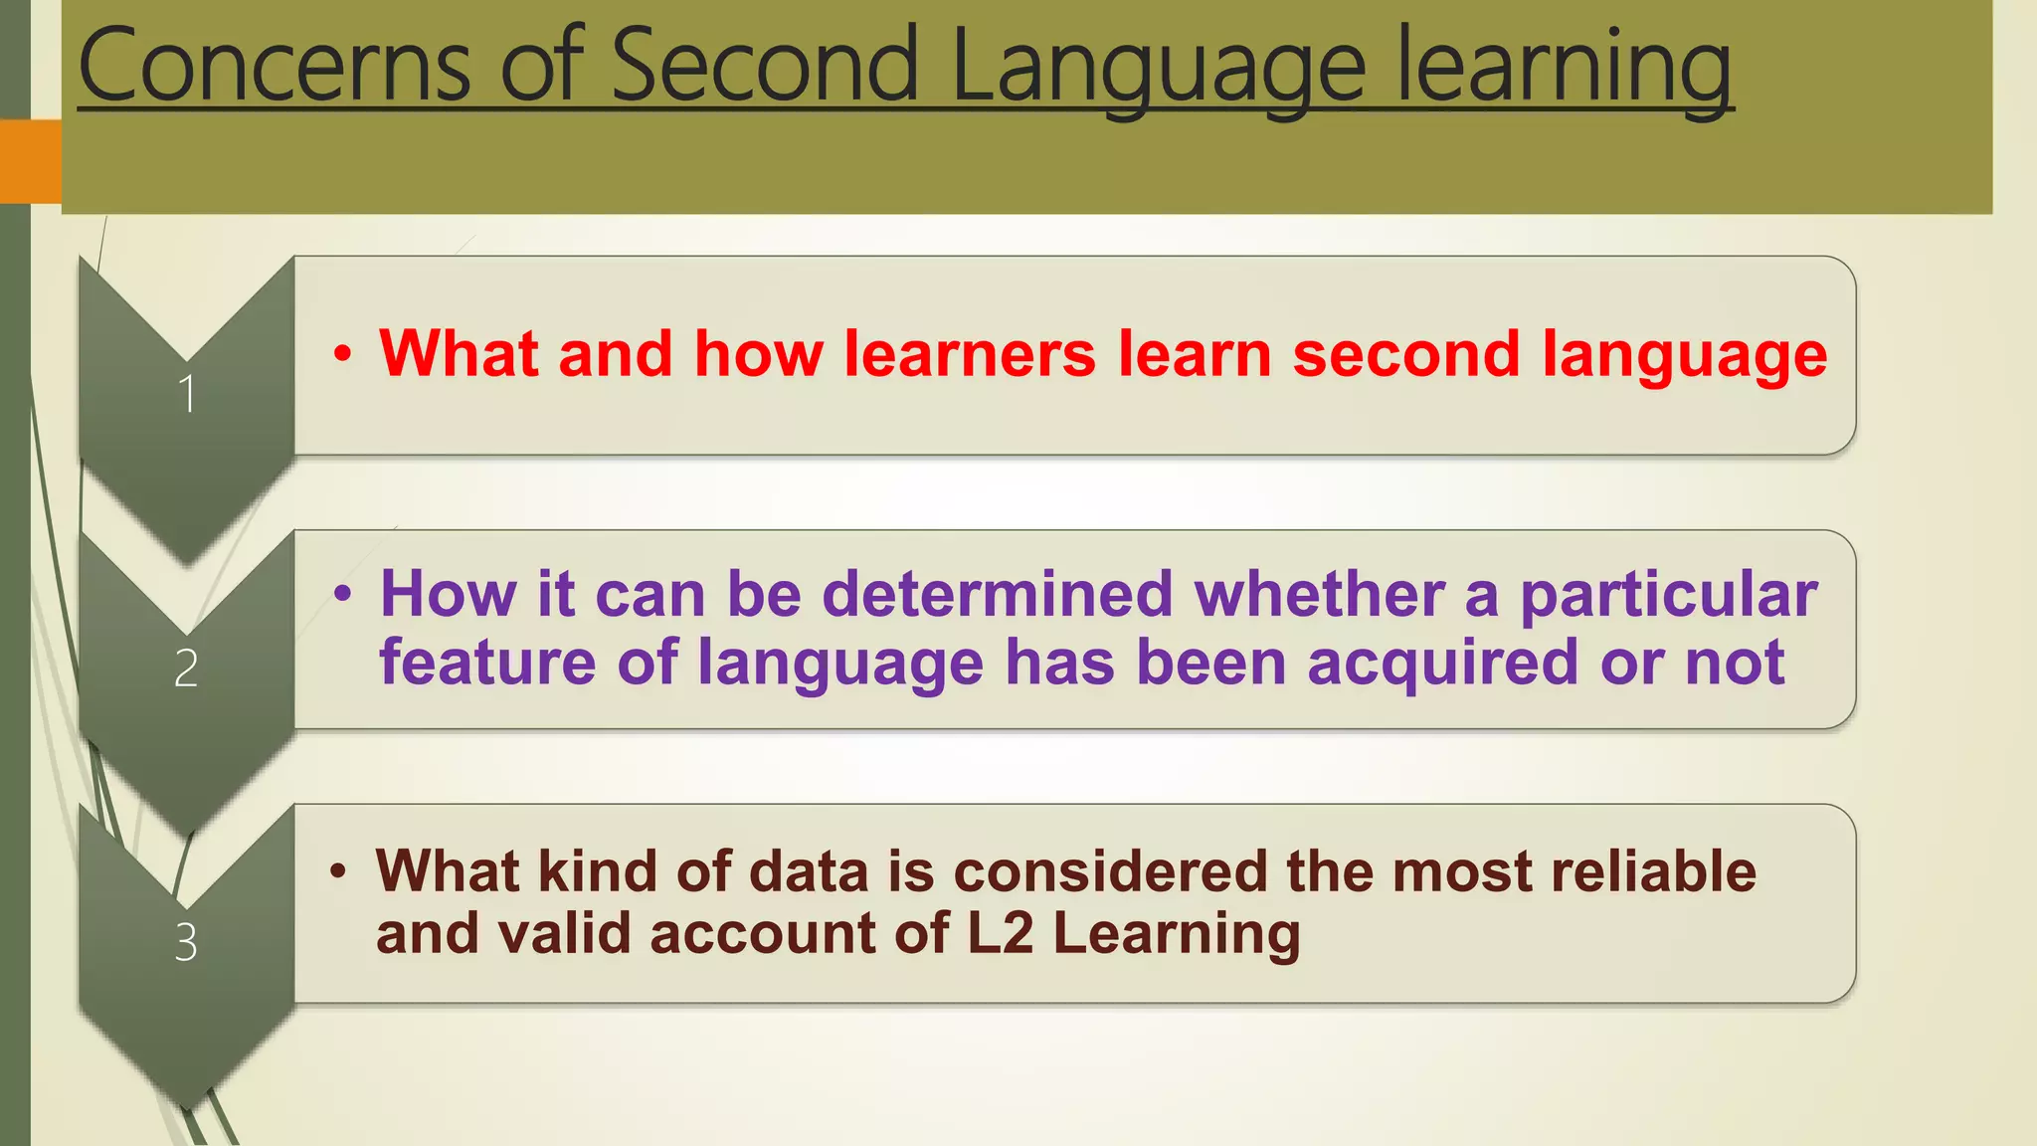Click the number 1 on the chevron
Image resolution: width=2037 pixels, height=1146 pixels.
186,394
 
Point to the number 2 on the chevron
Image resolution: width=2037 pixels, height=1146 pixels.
186,668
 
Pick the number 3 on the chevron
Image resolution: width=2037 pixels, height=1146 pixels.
186,941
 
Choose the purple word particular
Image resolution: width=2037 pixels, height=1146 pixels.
1669,596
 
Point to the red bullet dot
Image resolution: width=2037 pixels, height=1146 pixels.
342,354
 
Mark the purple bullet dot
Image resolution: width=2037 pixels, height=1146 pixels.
342,595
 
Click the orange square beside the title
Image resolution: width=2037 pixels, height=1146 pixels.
31,161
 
